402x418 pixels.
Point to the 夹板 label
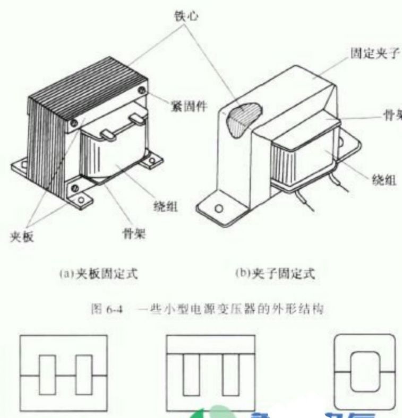22,237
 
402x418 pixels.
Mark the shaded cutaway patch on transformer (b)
243,117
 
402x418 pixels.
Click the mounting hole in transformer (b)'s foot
217,207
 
